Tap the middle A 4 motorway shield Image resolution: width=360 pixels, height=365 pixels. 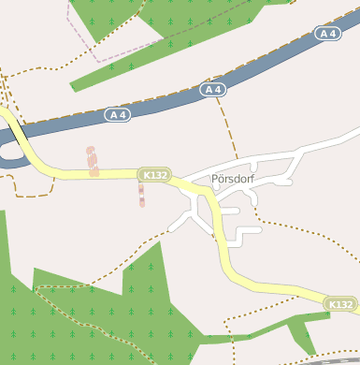[213, 90]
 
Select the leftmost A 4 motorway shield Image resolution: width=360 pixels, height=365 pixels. [117, 114]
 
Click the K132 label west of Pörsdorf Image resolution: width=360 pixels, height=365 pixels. [153, 175]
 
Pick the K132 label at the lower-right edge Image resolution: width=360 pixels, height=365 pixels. [340, 304]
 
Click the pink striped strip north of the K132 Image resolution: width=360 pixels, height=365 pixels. [93, 161]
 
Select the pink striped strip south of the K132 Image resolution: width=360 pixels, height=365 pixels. [141, 195]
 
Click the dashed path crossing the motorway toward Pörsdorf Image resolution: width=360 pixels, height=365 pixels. [225, 122]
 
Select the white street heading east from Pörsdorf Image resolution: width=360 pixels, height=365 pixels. [309, 145]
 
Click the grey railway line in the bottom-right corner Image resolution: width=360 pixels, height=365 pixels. [337, 360]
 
